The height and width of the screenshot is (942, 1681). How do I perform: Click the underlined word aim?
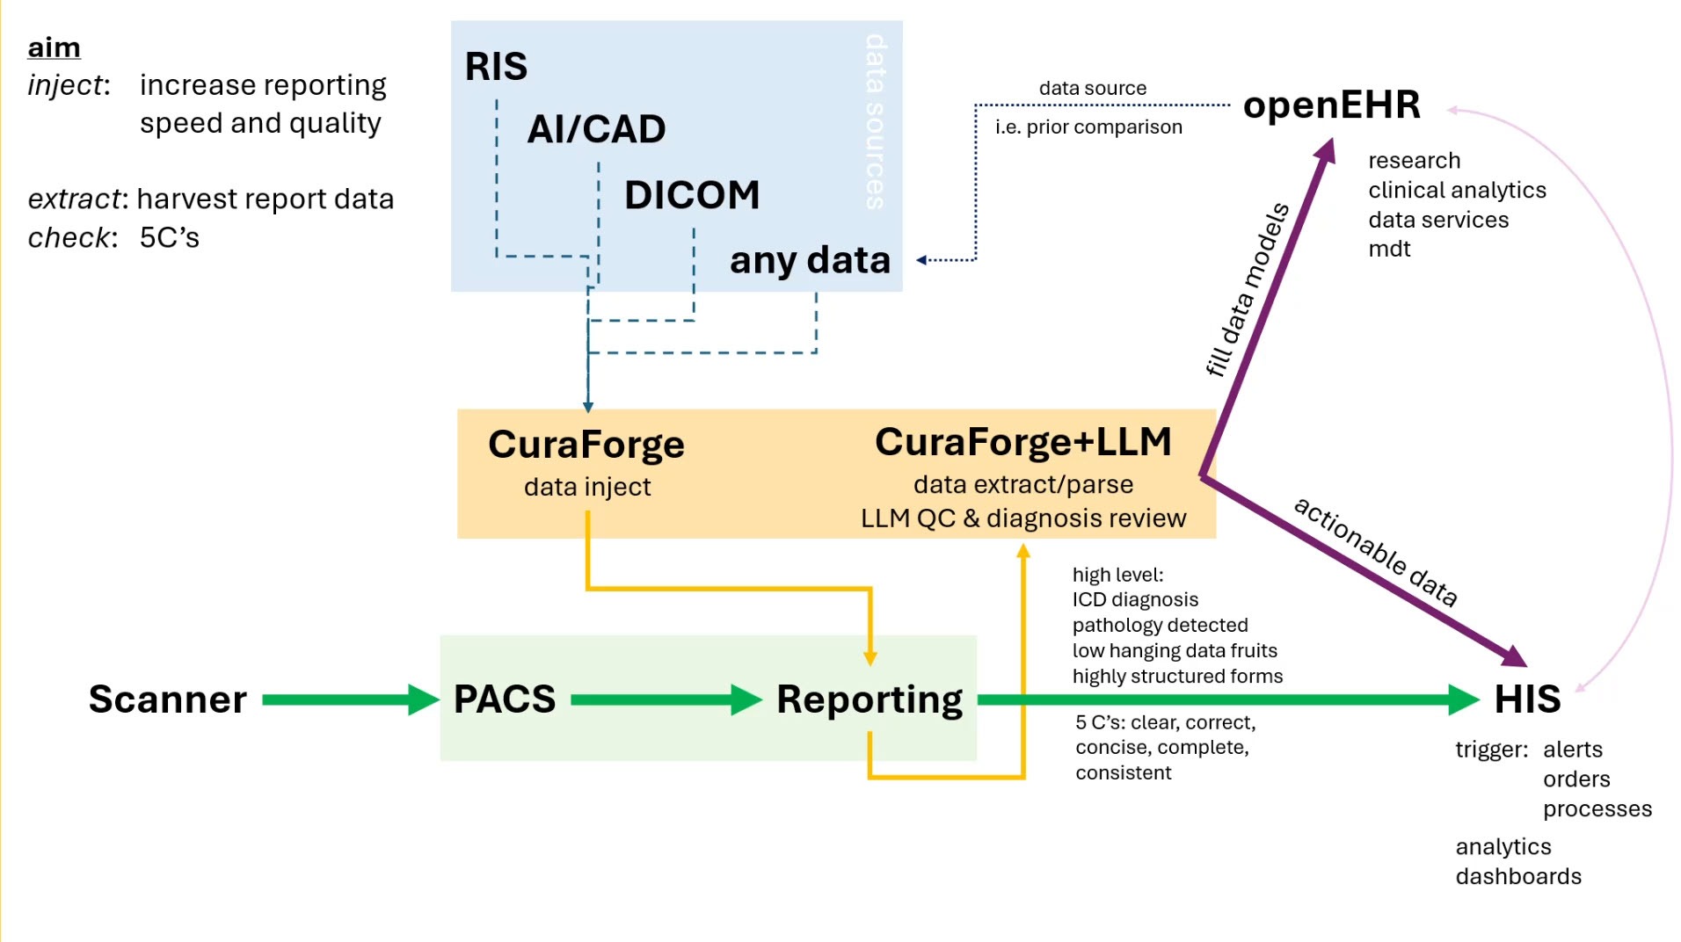point(54,47)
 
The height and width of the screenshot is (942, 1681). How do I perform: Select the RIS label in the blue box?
point(496,67)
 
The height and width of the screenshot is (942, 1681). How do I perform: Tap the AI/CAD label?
point(596,130)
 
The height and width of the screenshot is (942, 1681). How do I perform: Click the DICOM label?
point(692,195)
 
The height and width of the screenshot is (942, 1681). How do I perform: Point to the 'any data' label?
point(810,261)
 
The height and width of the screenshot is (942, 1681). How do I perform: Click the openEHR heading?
point(1331,105)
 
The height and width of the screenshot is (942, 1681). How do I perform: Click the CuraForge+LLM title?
point(1022,442)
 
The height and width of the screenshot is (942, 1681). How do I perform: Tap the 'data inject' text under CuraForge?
point(587,487)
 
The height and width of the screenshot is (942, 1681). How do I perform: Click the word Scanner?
point(168,699)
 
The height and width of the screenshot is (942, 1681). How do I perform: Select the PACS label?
point(505,699)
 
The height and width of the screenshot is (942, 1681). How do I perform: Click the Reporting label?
point(870,700)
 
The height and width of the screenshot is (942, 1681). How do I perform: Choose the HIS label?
point(1527,700)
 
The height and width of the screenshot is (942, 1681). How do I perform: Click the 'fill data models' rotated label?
point(1247,289)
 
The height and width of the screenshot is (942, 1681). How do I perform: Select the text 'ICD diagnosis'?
point(1135,600)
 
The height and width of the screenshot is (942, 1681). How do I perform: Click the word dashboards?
point(1518,877)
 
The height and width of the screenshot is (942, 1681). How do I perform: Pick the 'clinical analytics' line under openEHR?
point(1457,191)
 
